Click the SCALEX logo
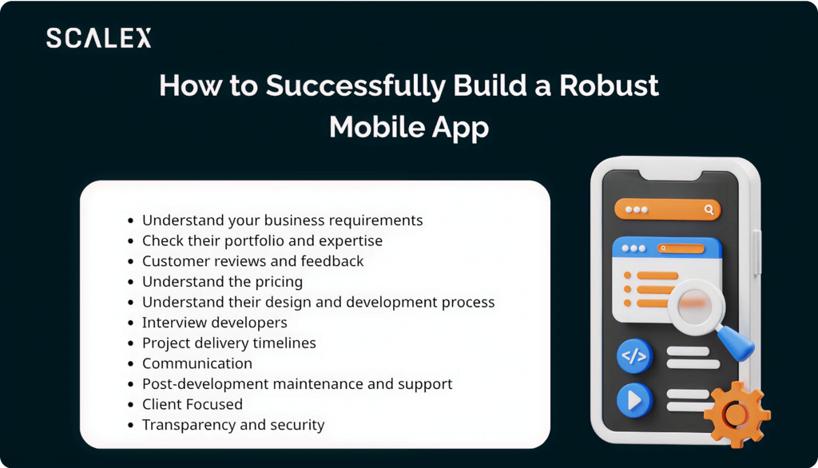pos(99,38)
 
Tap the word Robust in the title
pos(609,85)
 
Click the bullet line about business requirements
pos(282,220)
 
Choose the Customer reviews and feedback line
pos(252,261)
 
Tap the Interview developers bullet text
pos(214,323)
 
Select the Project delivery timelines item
pos(229,343)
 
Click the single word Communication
pos(197,363)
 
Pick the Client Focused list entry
pos(193,404)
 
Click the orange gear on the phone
pos(737,414)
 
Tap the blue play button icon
pos(634,401)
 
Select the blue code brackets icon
pos(634,356)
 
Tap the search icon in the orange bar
pos(709,210)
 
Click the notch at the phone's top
pos(669,176)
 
